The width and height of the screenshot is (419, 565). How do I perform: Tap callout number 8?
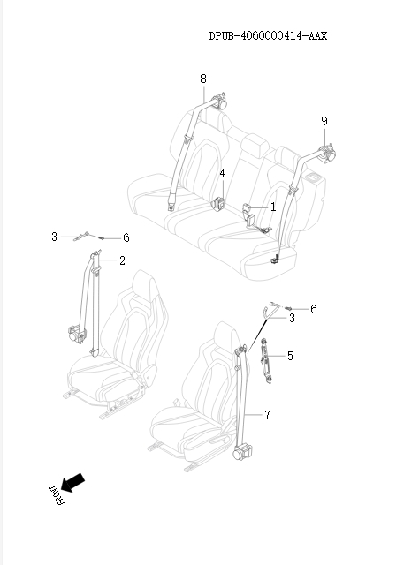pos(203,79)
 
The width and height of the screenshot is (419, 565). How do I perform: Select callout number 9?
pos(324,120)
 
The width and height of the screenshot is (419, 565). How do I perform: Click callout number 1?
pos(273,207)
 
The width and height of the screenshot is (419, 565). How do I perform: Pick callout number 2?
pos(122,260)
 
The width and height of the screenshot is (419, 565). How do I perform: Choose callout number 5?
pos(290,356)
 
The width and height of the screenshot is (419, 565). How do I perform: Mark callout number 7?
pos(267,414)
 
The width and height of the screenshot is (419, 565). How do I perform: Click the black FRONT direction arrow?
pos(73,482)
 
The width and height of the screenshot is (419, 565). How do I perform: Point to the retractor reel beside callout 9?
pos(330,154)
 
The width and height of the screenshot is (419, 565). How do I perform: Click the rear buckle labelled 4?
pos(217,204)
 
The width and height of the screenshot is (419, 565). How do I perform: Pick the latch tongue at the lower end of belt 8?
pos(170,207)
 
